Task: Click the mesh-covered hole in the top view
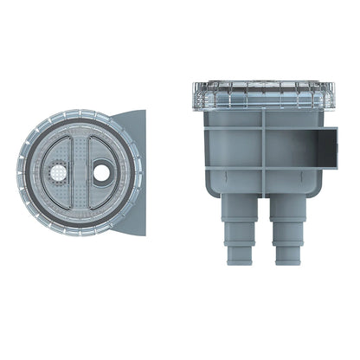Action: pos(58,174)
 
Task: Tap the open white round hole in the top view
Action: pos(102,173)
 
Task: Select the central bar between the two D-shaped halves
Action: pos(80,173)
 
